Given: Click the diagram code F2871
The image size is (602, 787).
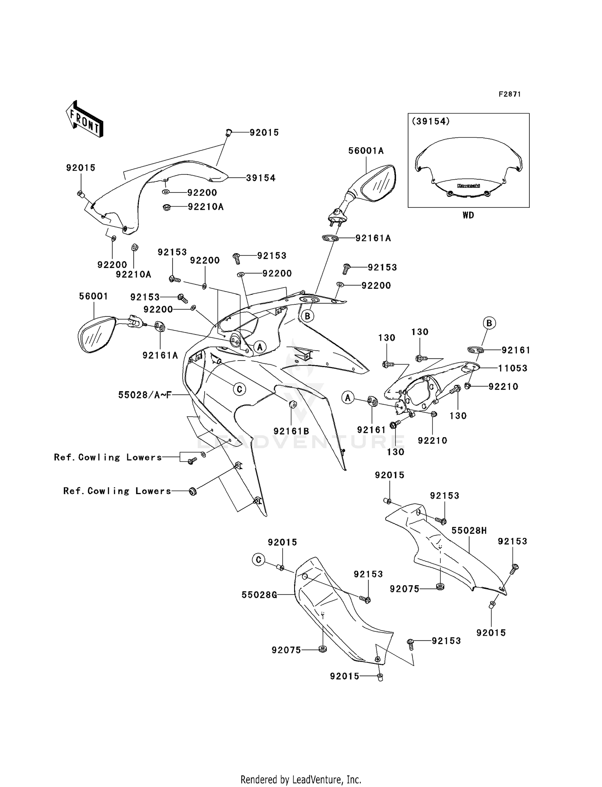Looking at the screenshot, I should pos(509,94).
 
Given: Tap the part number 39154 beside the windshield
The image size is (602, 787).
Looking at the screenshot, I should pos(260,178).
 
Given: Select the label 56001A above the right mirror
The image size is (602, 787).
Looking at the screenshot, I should pos(366,151).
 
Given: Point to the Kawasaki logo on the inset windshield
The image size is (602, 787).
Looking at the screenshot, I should pos(468,186).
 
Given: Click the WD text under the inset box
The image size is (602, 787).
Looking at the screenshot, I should pos(468,215).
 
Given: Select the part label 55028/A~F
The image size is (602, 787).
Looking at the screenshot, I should pos(145,395).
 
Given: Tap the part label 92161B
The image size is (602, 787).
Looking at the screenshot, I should pos(291,431).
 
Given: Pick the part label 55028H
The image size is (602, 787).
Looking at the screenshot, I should pos(469,530).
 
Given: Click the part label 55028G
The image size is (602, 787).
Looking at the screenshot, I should pos(259,594).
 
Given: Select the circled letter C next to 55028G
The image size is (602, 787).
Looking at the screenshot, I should pos(259,559).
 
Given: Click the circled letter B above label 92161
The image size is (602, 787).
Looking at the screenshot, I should pos(489,323).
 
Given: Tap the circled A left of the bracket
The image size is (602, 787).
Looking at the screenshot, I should pos(348,398).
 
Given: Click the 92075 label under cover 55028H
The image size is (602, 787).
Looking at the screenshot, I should pos(404,589).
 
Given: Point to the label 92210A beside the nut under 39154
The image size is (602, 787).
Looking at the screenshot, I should pos(205,207).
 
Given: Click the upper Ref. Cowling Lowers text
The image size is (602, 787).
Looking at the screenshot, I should pos(108,457).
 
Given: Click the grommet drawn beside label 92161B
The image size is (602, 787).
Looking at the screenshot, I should pos(292,404).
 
